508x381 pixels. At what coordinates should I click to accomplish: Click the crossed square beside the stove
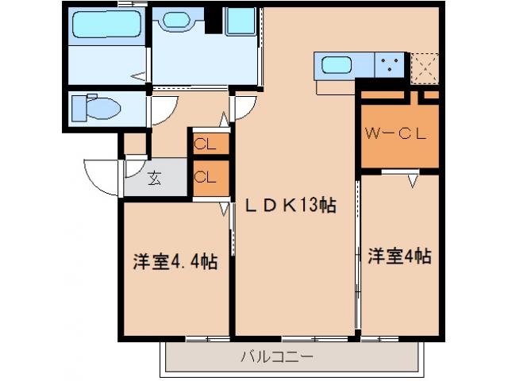pyautogui.click(x=425, y=67)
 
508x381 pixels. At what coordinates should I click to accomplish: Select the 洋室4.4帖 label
pyautogui.click(x=175, y=260)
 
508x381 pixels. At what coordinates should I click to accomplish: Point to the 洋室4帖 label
pyautogui.click(x=399, y=256)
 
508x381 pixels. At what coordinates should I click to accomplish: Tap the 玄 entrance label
pyautogui.click(x=155, y=178)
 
